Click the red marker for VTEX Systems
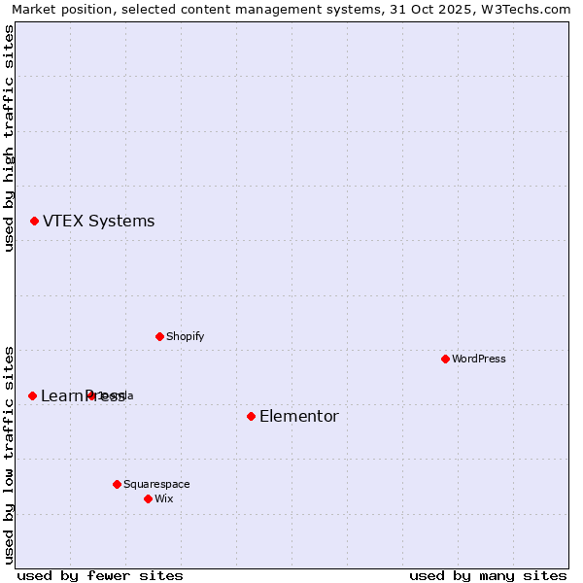point(34,222)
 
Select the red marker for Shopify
point(159,336)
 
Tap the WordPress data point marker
point(445,359)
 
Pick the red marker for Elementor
point(251,416)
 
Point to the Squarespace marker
point(117,484)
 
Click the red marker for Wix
point(148,498)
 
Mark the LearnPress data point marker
point(32,395)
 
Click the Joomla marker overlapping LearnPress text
point(91,395)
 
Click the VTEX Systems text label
point(98,222)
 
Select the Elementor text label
point(298,417)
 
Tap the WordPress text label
point(478,359)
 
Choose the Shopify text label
point(185,336)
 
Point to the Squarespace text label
point(156,484)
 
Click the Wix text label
point(163,498)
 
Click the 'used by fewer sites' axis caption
point(100,575)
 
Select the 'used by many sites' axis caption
point(488,575)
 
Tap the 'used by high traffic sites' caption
point(10,138)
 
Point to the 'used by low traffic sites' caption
point(10,453)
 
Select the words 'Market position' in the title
point(57,9)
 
